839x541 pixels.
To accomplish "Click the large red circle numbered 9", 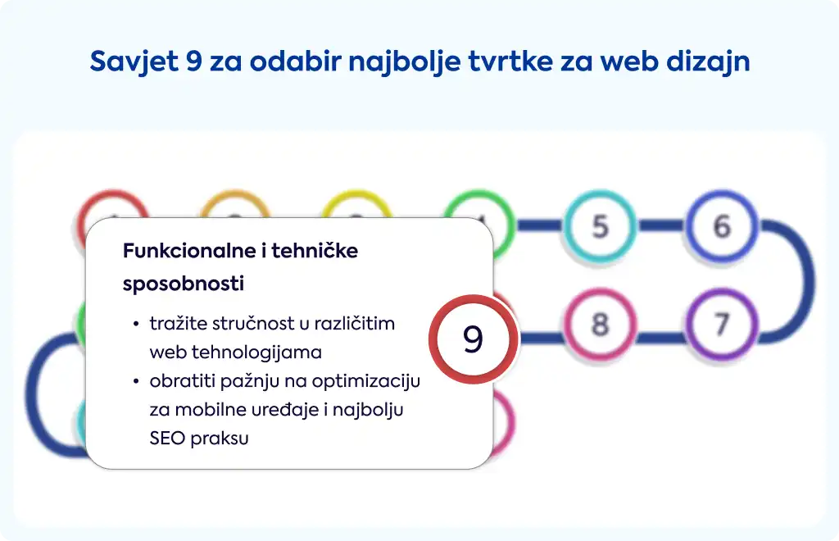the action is pos(473,339).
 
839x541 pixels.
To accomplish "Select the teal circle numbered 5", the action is pos(601,225).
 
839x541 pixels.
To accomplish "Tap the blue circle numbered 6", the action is pos(722,225).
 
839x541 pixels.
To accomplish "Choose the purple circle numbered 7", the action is pos(722,325).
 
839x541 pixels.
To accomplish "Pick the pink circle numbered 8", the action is pos(601,325).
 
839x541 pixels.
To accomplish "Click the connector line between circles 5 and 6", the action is pos(661,225).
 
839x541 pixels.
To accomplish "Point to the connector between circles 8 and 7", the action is pos(661,337).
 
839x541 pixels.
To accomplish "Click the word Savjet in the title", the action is pos(134,61).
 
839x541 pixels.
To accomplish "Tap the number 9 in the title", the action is pos(193,61).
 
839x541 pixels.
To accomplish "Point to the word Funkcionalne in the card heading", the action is pos(189,251).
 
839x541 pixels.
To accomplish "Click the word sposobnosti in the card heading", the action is pos(184,284).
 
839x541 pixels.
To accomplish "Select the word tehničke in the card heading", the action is pos(315,251).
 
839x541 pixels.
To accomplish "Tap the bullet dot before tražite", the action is pos(137,325).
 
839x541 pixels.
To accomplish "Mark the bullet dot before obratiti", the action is pos(137,381).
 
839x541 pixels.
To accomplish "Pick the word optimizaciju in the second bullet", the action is pos(366,381).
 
